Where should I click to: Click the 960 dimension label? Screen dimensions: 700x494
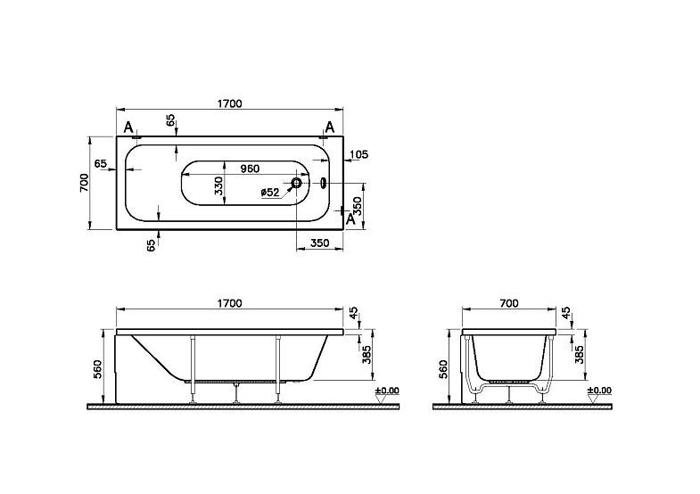click(250, 169)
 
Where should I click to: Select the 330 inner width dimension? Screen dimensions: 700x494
click(218, 185)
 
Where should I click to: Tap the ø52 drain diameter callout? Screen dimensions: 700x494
click(270, 193)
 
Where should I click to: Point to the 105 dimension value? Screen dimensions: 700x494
click(359, 154)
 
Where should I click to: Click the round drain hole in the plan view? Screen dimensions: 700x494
click(297, 183)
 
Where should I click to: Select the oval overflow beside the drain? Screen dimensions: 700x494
click(323, 183)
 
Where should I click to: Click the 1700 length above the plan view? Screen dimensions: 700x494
click(229, 103)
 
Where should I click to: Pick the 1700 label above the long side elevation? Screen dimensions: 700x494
click(229, 303)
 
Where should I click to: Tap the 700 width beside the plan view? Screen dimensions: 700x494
click(84, 183)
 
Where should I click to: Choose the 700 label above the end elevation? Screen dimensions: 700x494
click(509, 303)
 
